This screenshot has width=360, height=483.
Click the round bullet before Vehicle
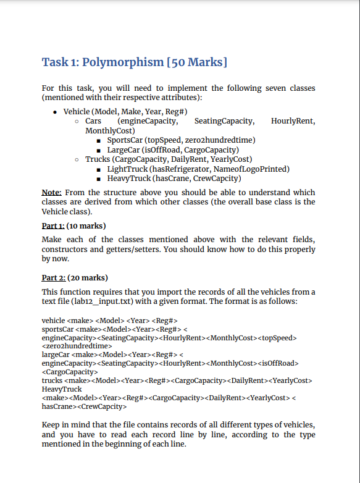tap(56, 112)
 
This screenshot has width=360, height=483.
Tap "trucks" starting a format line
tap(52, 380)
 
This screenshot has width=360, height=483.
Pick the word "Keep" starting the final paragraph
tap(51, 426)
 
